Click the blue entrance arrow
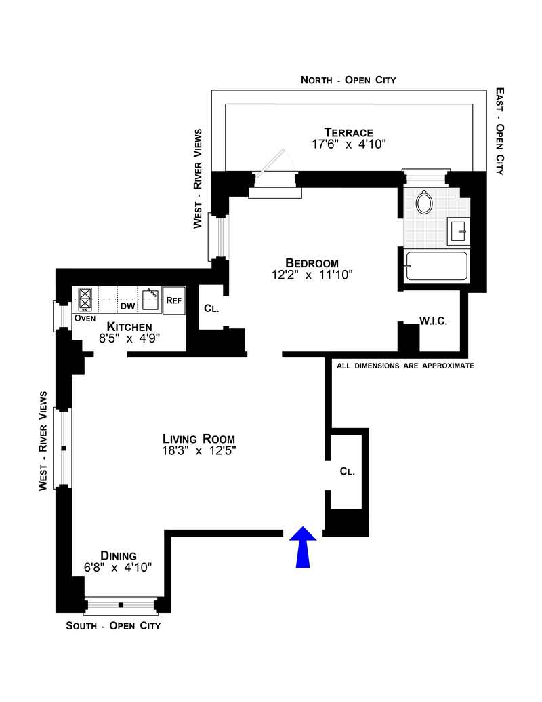tap(303, 547)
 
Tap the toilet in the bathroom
tap(424, 202)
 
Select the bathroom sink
tap(459, 231)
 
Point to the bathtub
tap(436, 267)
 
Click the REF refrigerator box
tap(174, 300)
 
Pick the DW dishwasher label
tap(128, 306)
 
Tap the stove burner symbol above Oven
tap(85, 299)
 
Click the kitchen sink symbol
tap(150, 300)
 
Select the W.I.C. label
tap(433, 321)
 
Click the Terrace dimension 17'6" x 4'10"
tap(349, 144)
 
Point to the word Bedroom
tap(312, 262)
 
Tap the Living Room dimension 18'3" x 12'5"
tap(199, 450)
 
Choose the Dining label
tap(119, 555)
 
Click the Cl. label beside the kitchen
tap(211, 309)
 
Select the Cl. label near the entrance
tap(348, 471)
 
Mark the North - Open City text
tap(348, 80)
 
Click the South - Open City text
tap(113, 625)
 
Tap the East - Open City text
tap(500, 131)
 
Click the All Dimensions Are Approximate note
tap(405, 366)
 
